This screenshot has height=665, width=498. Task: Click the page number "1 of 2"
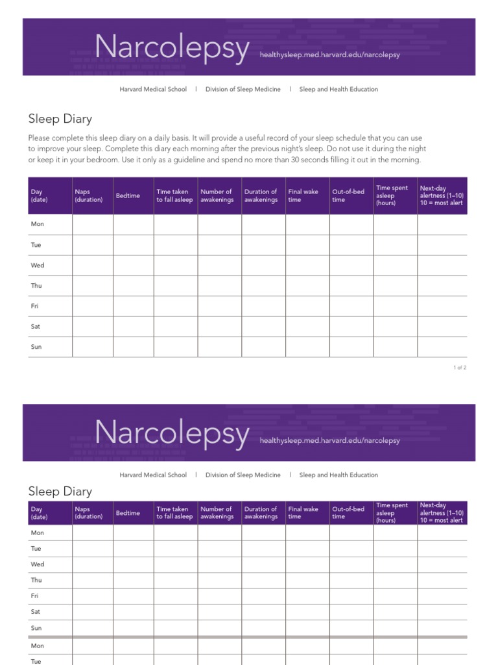[460, 368]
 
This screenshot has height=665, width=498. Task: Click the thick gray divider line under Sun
[247, 637]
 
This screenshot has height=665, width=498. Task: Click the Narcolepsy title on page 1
[172, 49]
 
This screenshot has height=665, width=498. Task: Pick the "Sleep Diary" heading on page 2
[60, 492]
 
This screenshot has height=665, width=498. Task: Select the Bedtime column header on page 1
[128, 195]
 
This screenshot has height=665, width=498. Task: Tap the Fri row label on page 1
[35, 306]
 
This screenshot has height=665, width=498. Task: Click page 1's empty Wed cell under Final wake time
[307, 266]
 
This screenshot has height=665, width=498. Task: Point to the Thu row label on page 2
[36, 580]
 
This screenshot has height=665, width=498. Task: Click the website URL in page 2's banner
[329, 440]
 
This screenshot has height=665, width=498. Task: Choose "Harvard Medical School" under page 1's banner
[153, 89]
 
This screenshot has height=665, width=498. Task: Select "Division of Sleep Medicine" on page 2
[243, 475]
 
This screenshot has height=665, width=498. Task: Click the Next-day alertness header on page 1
[442, 195]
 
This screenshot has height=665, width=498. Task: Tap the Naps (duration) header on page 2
[89, 513]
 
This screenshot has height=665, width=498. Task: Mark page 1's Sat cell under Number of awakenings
[219, 327]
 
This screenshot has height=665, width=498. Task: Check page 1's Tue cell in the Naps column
[93, 245]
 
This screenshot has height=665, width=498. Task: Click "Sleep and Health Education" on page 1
[338, 89]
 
